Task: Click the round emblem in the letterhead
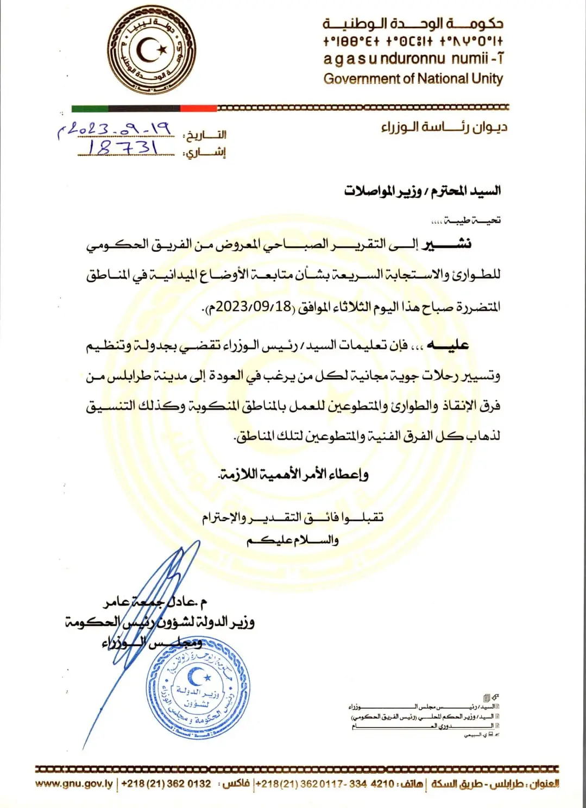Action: (152, 50)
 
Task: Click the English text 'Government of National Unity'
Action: (413, 79)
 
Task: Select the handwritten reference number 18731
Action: (123, 147)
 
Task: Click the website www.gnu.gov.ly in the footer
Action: (74, 784)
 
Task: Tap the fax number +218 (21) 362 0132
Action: (166, 784)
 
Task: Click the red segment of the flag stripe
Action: (198, 109)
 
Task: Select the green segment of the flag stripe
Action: (90, 109)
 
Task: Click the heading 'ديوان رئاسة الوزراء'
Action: (444, 127)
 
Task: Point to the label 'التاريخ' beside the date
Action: (206, 135)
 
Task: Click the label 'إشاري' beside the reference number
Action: (206, 153)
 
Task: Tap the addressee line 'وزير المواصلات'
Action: (383, 191)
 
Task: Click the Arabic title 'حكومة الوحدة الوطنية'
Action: (413, 24)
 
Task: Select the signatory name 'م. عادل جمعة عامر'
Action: (156, 602)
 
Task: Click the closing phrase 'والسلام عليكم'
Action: (293, 540)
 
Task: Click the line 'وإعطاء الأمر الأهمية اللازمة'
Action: (293, 474)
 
